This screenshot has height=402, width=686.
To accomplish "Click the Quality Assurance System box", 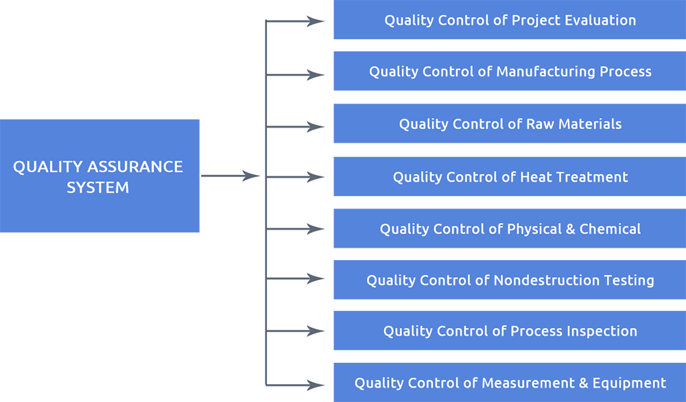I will [99, 176].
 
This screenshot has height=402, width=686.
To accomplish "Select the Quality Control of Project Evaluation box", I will [509, 21].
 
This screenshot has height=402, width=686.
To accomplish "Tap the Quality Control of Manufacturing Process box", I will [509, 71].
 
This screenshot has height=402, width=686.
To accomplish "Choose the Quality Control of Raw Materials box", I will [509, 124].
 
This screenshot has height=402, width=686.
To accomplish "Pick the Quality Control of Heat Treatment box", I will [509, 177].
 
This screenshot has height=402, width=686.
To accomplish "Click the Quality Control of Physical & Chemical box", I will [509, 229].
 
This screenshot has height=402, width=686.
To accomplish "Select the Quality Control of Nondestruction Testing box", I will [509, 280].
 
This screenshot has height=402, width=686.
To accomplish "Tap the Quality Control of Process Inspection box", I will [509, 331].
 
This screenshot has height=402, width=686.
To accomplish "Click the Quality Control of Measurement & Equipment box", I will [509, 383].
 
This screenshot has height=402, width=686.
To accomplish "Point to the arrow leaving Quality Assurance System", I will [230, 176].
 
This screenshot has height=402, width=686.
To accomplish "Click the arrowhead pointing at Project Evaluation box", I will [317, 21].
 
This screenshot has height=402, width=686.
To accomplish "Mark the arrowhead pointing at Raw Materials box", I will [317, 127].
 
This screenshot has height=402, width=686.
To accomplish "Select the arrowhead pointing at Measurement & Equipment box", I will [317, 384].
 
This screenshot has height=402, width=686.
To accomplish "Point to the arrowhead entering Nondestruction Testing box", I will [317, 279].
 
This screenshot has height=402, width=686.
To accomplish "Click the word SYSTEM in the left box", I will [97, 187].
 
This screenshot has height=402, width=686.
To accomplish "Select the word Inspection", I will [602, 331].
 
